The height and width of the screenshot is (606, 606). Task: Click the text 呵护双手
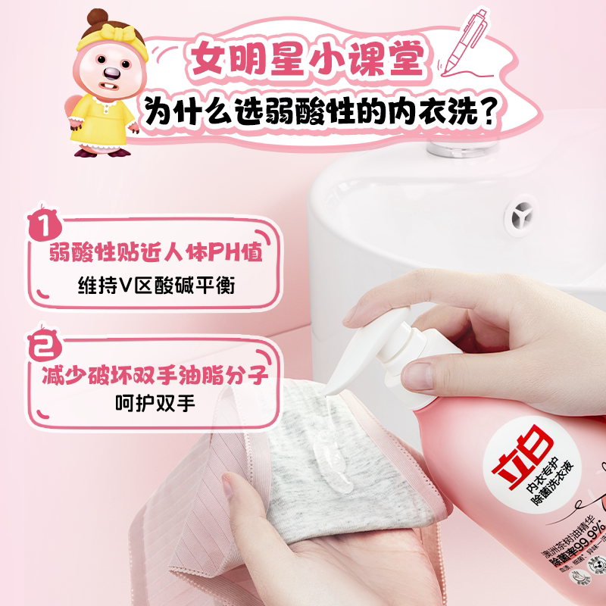click(154, 403)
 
